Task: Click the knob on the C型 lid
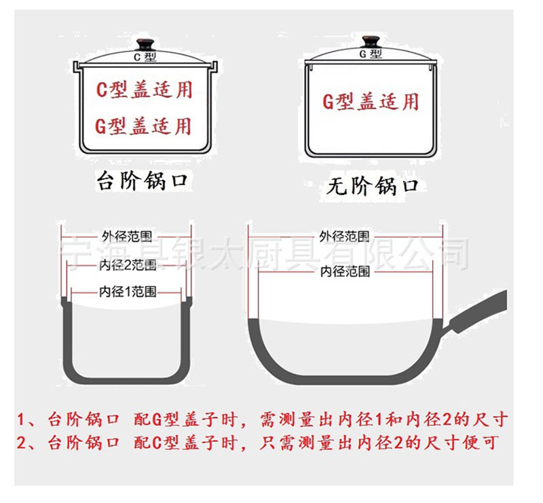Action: (145, 44)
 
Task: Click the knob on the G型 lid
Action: (371, 41)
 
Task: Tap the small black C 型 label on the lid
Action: (145, 56)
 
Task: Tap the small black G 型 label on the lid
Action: (371, 54)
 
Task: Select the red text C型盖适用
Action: (144, 90)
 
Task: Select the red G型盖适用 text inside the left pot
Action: (143, 126)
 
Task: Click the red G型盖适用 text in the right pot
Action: (371, 102)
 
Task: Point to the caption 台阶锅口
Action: (143, 180)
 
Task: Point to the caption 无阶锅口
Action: (372, 186)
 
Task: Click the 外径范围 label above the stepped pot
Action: (127, 237)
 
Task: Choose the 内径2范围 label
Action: (128, 265)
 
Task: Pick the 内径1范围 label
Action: (128, 292)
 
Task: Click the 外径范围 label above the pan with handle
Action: (344, 237)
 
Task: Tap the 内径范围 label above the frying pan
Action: (345, 271)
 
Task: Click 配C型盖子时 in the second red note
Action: (185, 443)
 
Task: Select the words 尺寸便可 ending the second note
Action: (462, 443)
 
